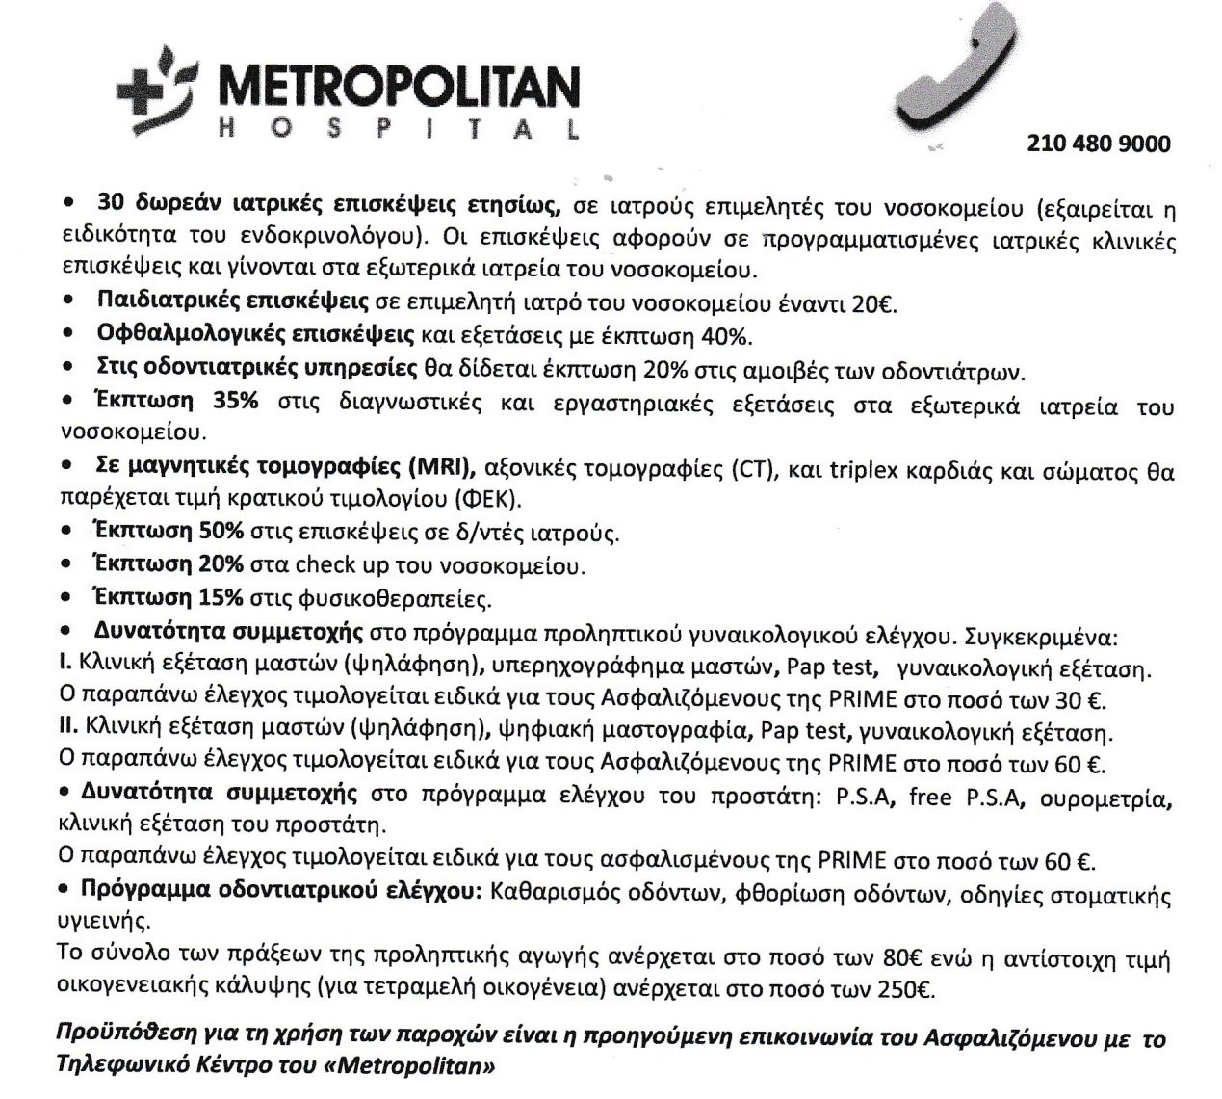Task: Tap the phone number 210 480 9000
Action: point(1099,144)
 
